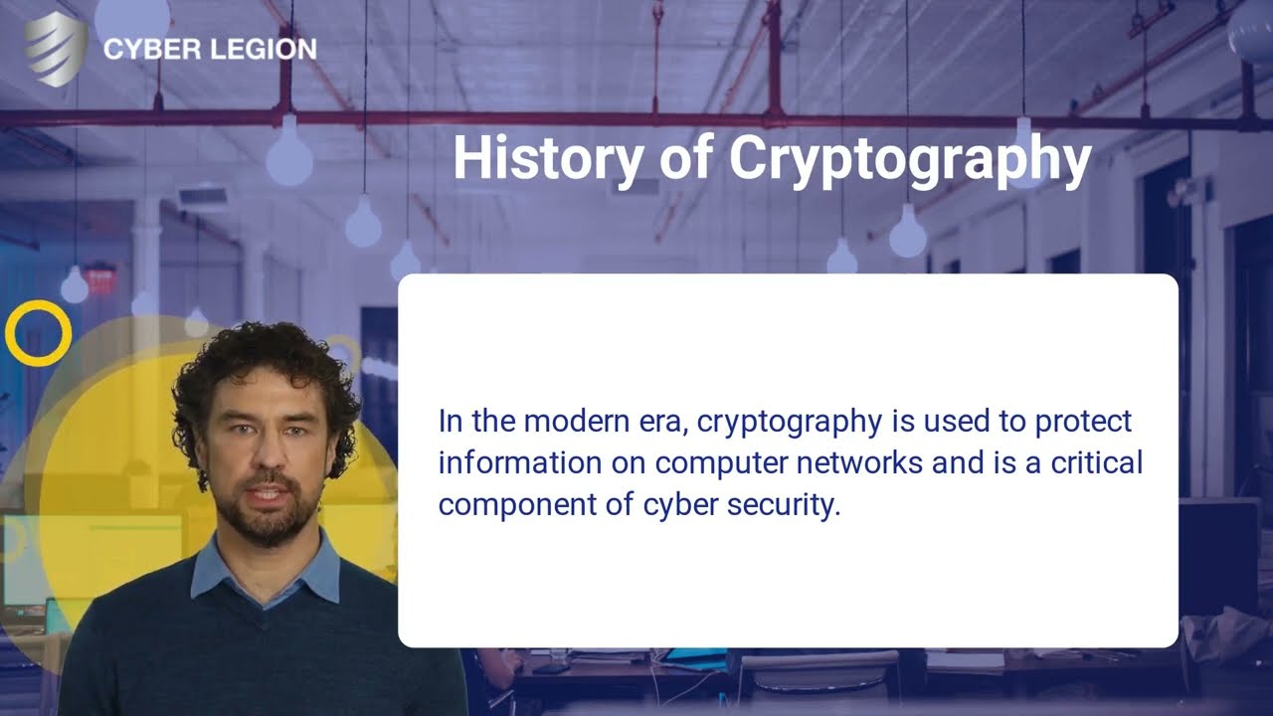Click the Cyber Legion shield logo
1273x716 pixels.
[x=55, y=48]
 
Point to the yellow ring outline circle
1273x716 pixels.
[x=38, y=333]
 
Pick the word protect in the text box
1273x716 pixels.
[x=1083, y=422]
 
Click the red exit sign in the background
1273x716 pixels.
[x=100, y=280]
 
